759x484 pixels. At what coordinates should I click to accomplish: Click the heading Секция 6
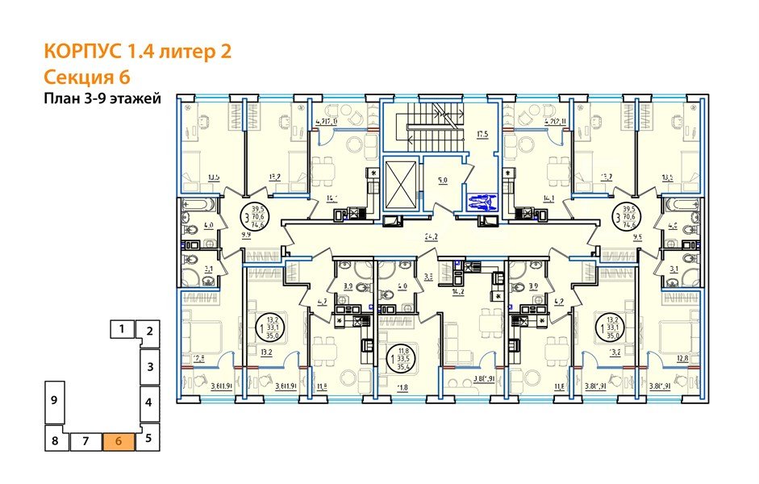[x=86, y=77]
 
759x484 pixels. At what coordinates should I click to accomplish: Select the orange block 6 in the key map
[x=119, y=441]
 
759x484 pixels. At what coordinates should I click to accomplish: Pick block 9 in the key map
[x=52, y=400]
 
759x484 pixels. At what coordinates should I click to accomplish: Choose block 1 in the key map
[x=121, y=328]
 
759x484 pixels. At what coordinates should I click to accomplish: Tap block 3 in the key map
[x=150, y=366]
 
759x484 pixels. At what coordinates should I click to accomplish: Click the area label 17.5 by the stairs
[x=483, y=135]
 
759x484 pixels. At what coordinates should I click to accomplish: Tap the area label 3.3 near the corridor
[x=429, y=277]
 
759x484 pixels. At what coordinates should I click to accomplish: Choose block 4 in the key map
[x=150, y=401]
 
